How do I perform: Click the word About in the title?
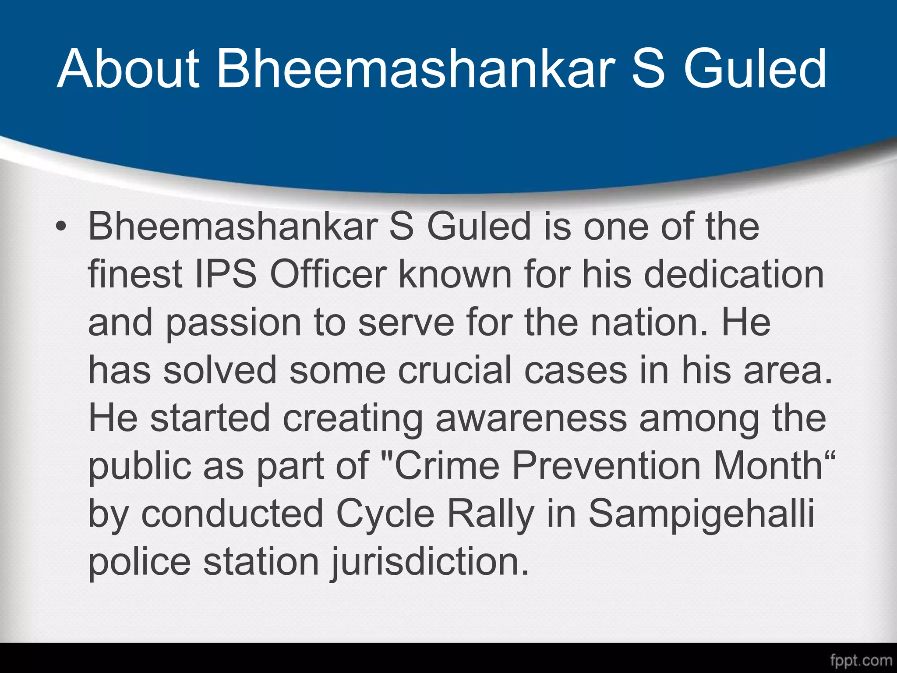(x=128, y=69)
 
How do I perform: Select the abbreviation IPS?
(x=225, y=275)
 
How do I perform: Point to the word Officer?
(x=328, y=275)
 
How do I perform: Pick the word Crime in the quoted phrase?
(x=447, y=466)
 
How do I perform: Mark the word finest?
(x=135, y=275)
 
